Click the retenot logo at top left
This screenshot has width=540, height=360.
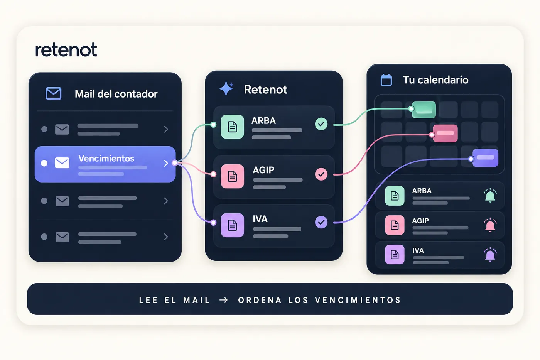tap(66, 50)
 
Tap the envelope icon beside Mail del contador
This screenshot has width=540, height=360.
tap(54, 93)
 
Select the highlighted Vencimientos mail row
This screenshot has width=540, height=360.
tap(105, 164)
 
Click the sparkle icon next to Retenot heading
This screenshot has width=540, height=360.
tap(226, 88)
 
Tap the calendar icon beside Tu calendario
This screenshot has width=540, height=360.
tap(386, 80)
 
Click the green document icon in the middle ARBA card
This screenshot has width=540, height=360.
tap(232, 127)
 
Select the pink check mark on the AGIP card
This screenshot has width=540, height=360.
tap(321, 174)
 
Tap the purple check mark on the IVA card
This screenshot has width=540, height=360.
tap(321, 222)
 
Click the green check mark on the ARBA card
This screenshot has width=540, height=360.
tap(321, 124)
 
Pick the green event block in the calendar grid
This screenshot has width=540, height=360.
tap(424, 110)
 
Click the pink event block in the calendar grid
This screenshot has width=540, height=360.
tap(445, 134)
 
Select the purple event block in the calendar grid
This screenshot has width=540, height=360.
tap(485, 158)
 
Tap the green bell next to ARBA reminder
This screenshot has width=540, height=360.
tap(490, 195)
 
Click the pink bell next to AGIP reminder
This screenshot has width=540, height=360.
tap(490, 225)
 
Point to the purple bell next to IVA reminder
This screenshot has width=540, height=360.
tap(490, 255)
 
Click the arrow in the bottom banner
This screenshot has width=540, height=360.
tap(224, 300)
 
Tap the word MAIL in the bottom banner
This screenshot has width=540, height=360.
tap(196, 300)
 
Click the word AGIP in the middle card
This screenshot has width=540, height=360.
tap(263, 170)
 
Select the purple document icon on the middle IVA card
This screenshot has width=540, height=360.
tap(232, 225)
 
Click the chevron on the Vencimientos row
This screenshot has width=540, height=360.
tap(166, 163)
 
